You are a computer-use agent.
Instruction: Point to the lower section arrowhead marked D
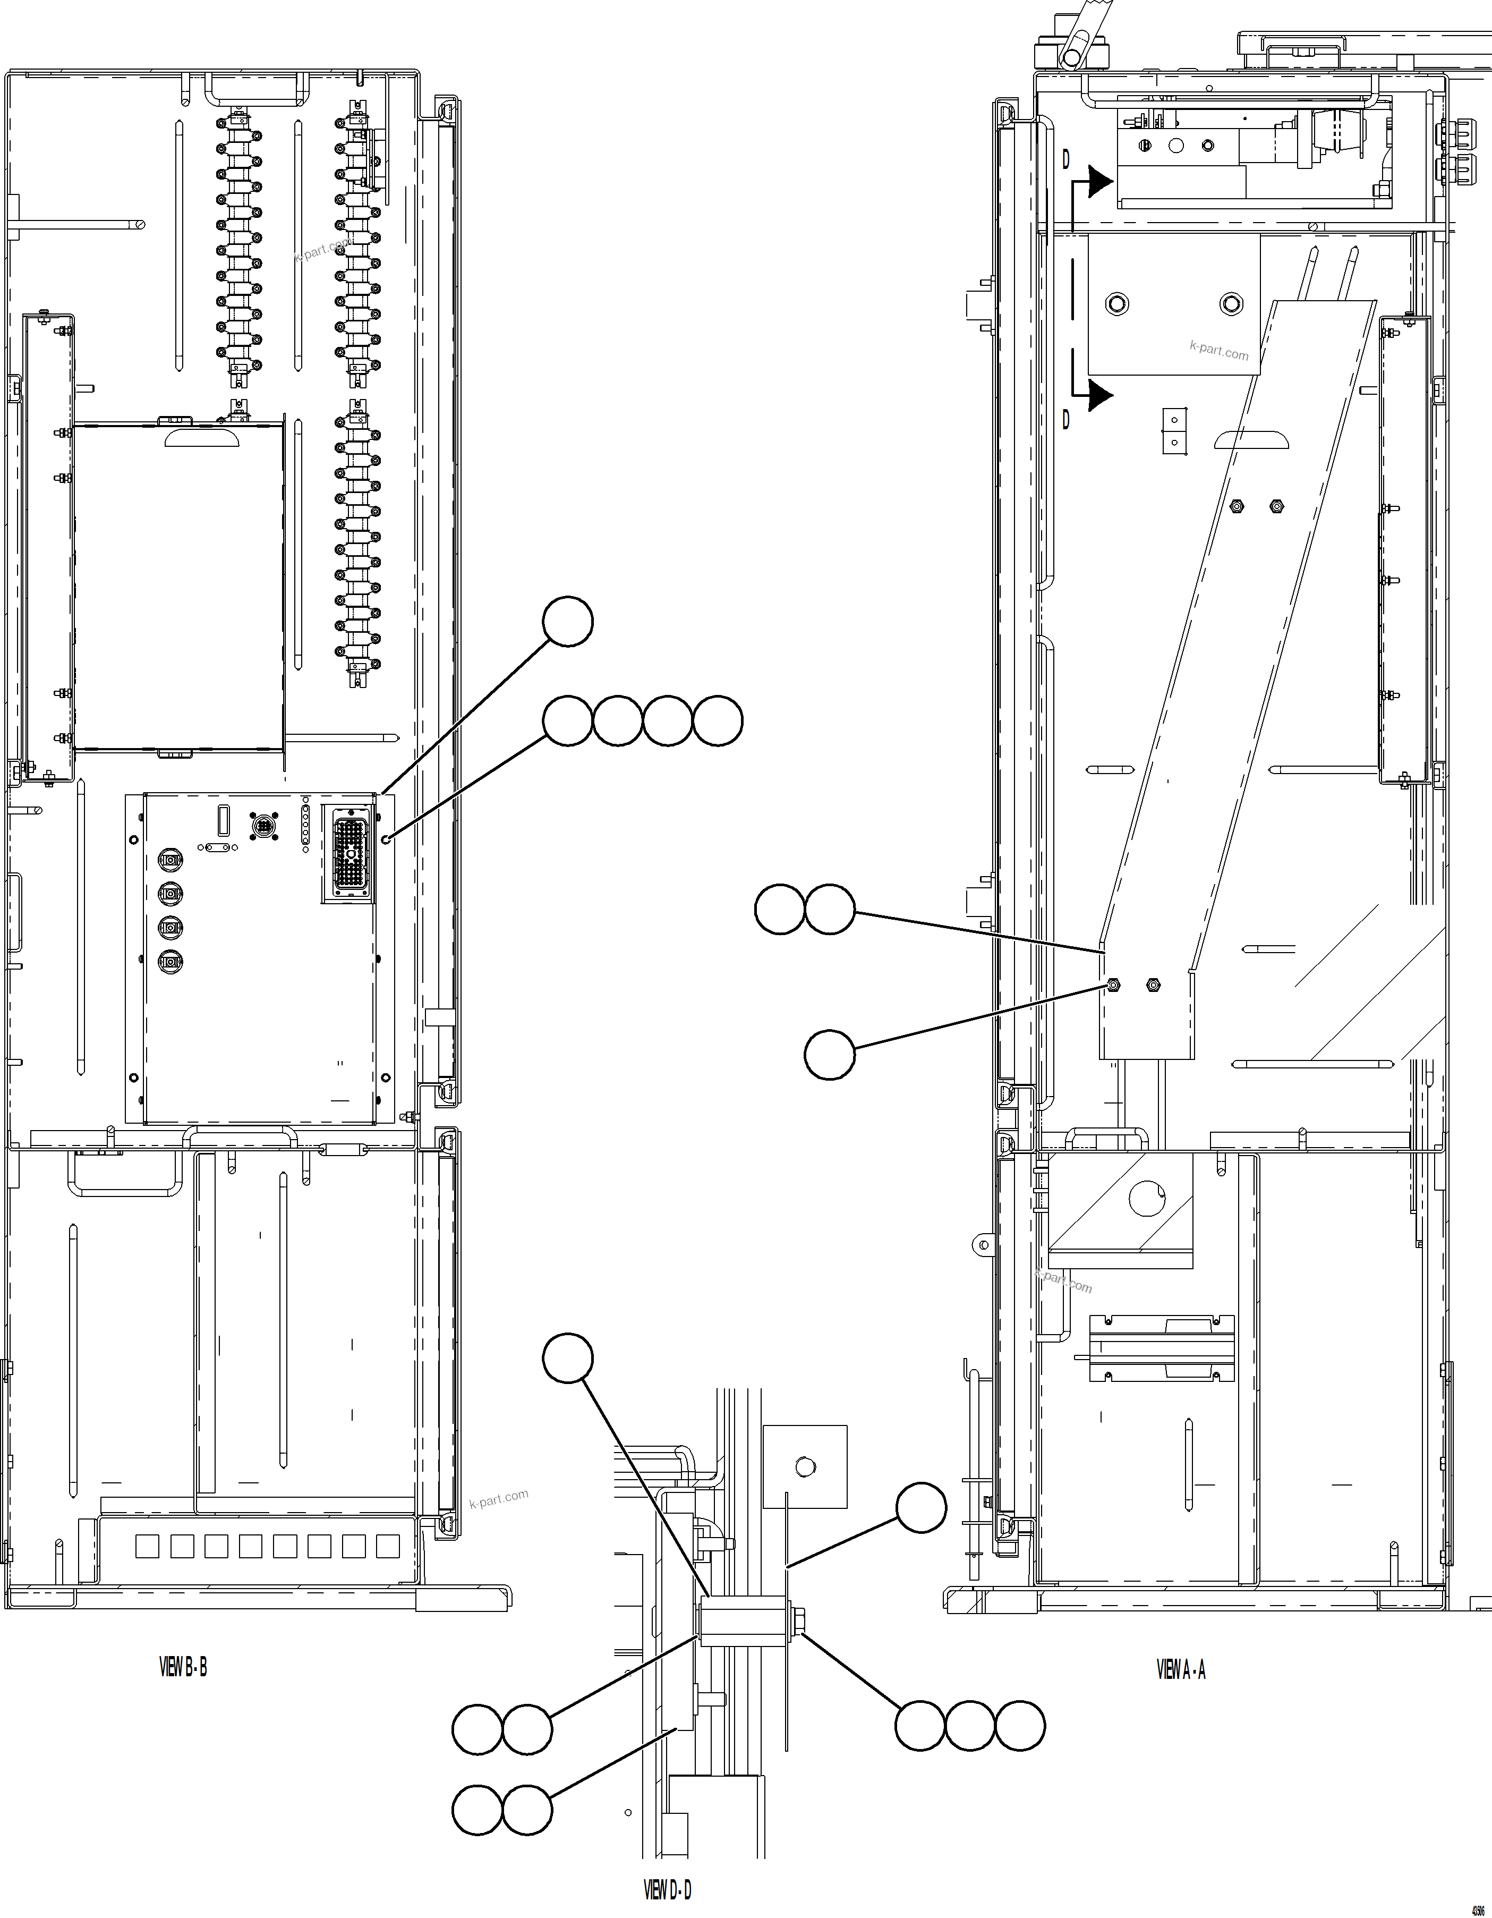[x=1099, y=395]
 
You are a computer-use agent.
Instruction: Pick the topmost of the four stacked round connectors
[x=169, y=860]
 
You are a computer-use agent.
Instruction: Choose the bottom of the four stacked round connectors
[x=169, y=962]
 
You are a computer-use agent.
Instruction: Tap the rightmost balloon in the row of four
[x=718, y=721]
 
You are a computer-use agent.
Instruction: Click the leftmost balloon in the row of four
[x=567, y=721]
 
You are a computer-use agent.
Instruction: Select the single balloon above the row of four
[x=567, y=622]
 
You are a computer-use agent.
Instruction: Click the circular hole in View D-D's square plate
[x=804, y=1466]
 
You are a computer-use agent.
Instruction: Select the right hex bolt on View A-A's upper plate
[x=1231, y=304]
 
